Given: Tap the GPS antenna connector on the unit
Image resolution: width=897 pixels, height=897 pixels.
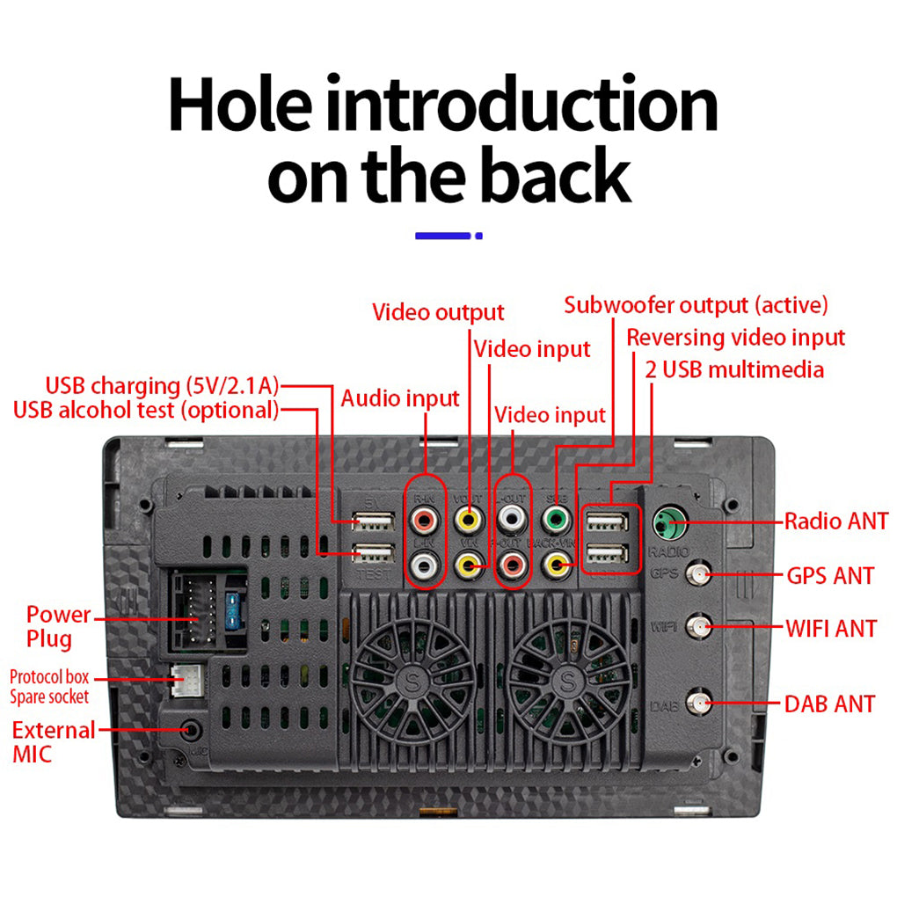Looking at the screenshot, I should (699, 575).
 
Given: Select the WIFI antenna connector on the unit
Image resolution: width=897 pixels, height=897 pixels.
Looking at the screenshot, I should (699, 627).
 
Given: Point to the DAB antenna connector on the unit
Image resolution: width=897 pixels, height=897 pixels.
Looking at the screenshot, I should (699, 703).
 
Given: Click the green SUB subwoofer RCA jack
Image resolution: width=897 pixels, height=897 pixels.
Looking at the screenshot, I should (556, 519).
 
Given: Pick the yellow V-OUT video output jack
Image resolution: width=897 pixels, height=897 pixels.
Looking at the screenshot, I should (470, 520).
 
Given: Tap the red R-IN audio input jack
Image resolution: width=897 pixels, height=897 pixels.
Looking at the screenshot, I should (426, 521).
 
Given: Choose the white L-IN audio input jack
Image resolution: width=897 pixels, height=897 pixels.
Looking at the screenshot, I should (426, 564).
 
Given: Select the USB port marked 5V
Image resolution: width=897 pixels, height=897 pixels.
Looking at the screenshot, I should (370, 521).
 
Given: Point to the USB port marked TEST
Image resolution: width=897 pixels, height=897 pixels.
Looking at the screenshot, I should (370, 555).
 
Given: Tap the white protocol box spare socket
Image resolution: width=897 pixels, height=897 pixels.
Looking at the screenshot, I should (186, 680).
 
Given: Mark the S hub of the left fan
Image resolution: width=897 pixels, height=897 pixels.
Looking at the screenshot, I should (412, 679).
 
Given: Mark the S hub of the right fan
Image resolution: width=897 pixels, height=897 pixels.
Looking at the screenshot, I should (568, 679).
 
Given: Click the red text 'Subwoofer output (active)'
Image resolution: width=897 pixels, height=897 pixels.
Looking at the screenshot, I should (696, 305).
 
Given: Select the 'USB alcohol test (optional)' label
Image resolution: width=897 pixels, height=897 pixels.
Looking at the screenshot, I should (146, 410).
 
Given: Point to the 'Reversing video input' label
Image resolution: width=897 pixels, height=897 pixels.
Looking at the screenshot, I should (735, 337).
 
